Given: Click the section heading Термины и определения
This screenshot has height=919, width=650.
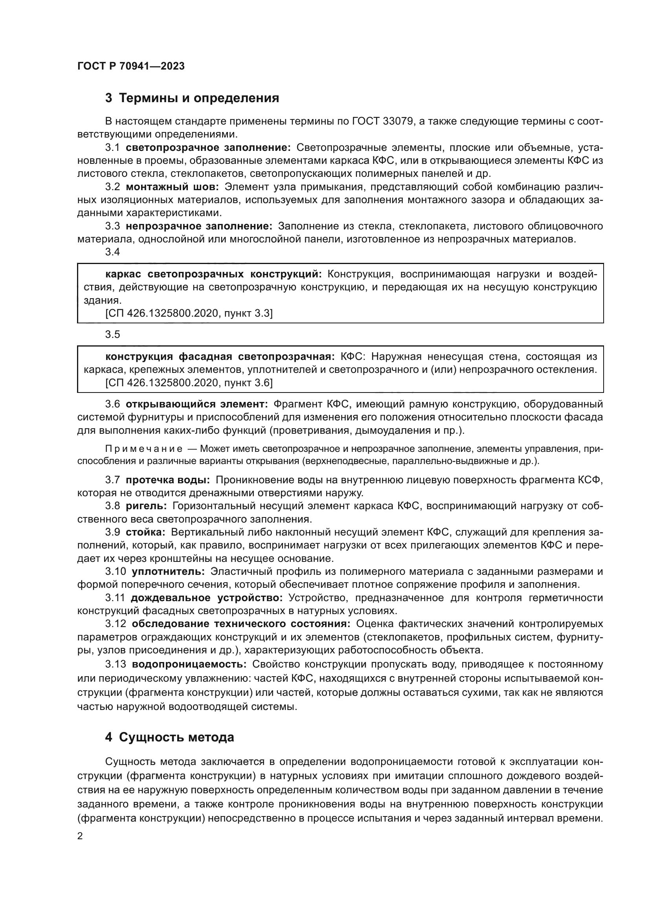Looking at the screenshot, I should pos(192,98).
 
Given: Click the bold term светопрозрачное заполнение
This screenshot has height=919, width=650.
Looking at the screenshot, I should pos(208,148).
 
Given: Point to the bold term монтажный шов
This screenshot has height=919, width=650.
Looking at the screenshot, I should pos(172,187).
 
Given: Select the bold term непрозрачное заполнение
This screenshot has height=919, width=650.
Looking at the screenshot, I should pos(199,226).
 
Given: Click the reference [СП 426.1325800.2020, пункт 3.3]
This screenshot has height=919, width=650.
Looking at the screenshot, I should pos(189,314).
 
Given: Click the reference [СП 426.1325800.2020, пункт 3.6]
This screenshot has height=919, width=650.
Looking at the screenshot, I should pos(189,383).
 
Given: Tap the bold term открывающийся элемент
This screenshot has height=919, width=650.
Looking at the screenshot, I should pos(196,404).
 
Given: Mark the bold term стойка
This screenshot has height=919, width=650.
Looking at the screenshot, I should pos(145,532).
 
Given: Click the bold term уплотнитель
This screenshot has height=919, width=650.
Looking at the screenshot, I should pos(168,571).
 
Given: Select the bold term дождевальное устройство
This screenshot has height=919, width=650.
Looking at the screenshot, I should pos(207,598).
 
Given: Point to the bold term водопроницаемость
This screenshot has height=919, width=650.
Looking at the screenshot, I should pos(189,664).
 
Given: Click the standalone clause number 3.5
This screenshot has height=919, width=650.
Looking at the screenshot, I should pos(112,335).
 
